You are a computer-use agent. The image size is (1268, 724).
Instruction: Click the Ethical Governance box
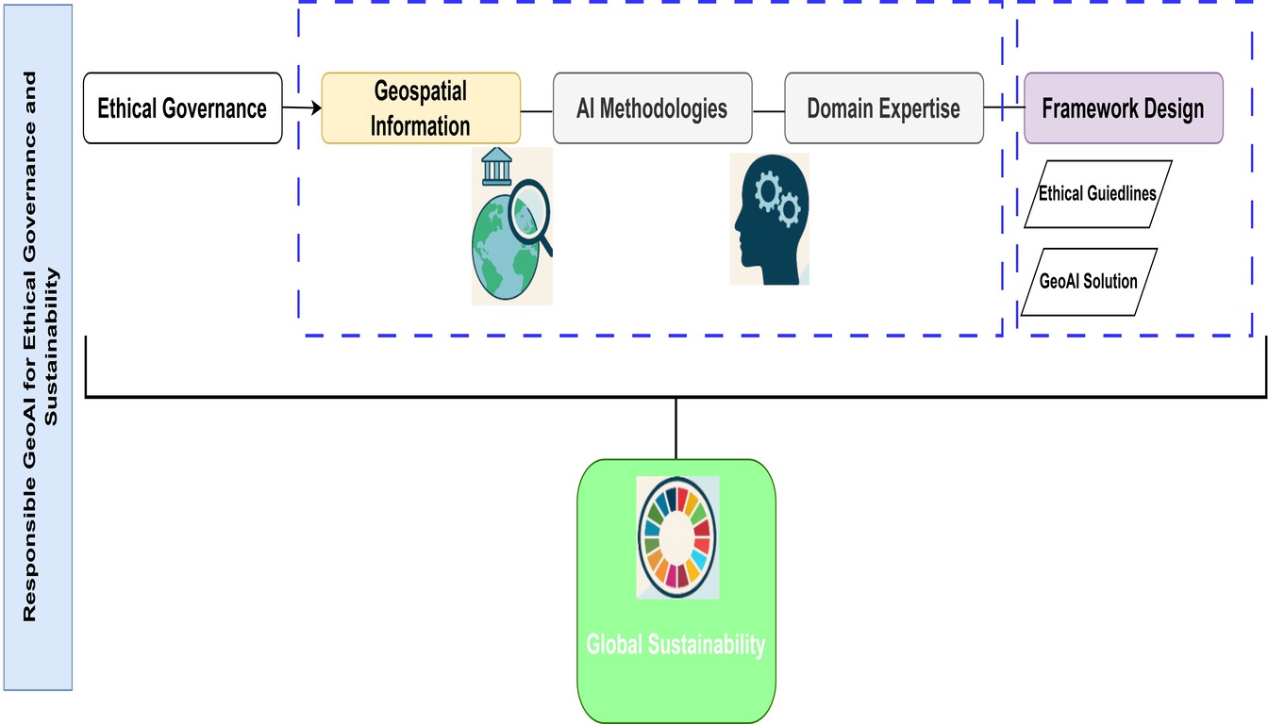pos(182,108)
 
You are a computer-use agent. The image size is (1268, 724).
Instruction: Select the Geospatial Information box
pos(421,108)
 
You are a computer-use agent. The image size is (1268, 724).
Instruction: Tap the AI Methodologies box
pos(652,108)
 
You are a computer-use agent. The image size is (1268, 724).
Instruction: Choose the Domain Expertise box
pos(883,108)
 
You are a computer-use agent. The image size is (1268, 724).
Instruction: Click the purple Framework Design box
pos(1123,108)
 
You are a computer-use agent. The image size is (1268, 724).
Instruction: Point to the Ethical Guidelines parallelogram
pos(1097,194)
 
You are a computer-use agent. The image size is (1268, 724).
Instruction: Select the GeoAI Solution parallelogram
pos(1088,281)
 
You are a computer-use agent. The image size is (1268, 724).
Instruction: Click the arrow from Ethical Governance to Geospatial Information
pos(302,109)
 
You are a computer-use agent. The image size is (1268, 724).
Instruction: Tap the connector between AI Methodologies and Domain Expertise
pos(769,110)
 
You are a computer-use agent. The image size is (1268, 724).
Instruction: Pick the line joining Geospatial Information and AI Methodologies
pos(537,110)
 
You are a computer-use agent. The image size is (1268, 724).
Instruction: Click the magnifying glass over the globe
pos(528,222)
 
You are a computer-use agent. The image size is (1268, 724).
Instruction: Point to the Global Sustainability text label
pos(676,646)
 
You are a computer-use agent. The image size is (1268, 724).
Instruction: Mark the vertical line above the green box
pos(676,428)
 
